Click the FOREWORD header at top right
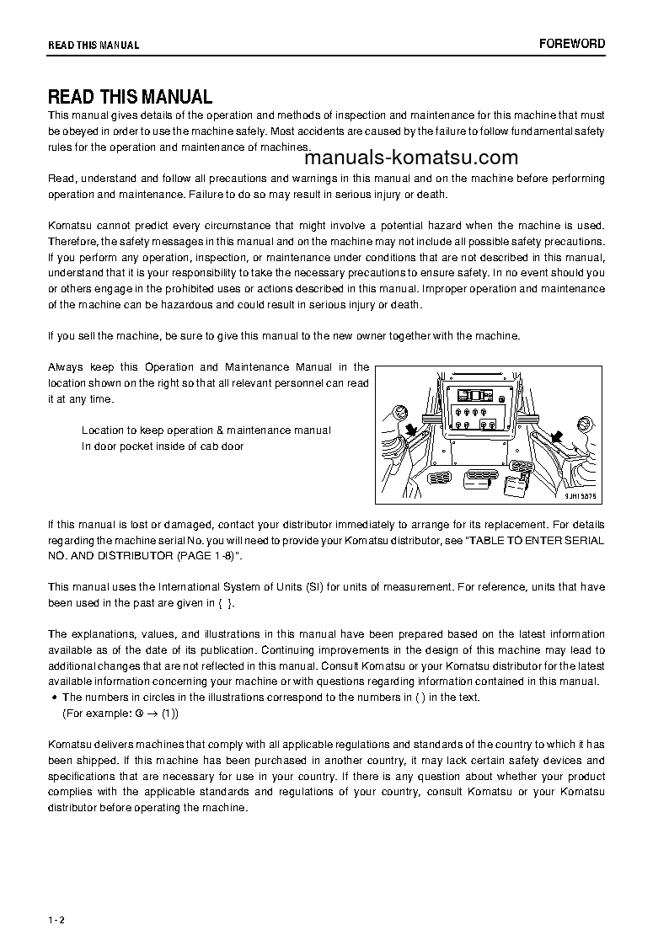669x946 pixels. pos(572,44)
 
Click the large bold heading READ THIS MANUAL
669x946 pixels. pos(130,97)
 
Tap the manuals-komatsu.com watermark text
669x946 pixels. pos(411,158)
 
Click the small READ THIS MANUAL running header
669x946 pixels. pos(94,45)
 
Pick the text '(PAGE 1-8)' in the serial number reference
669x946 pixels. pos(209,556)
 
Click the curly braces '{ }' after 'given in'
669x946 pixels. pos(223,602)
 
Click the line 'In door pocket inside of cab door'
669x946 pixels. pos(163,446)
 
